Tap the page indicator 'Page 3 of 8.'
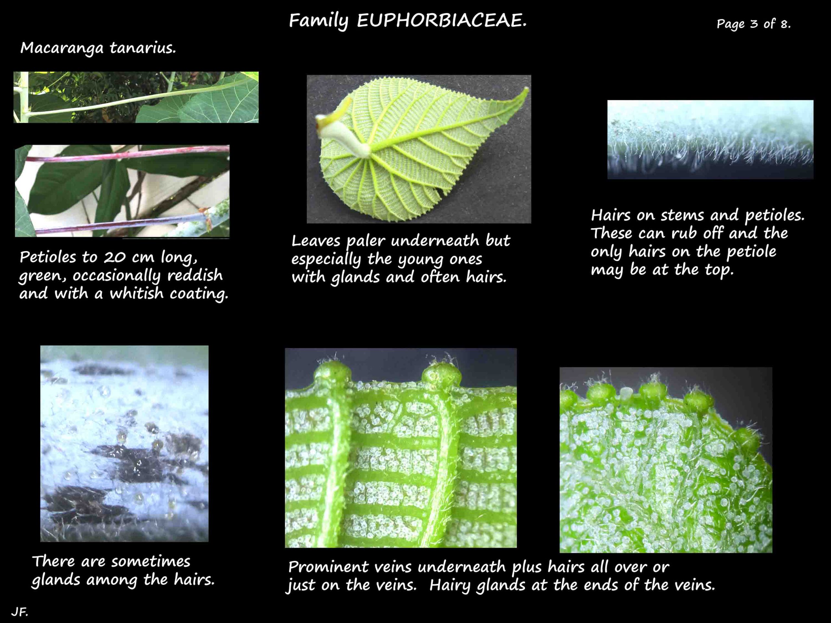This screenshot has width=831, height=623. pos(754,24)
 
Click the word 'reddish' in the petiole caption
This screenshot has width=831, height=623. pos(195,275)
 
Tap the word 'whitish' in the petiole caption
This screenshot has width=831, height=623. pos(137,293)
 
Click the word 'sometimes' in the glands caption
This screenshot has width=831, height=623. pos(151,562)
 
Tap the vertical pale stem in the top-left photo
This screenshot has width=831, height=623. pos(23,97)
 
